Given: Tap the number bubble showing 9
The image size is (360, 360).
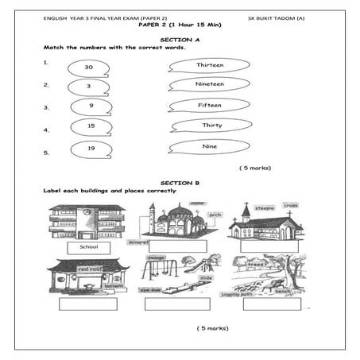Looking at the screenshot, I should coord(91,106).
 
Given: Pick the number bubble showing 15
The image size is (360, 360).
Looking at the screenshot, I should coord(91,126).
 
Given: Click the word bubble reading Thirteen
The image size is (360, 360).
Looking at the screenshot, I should coord(209,65).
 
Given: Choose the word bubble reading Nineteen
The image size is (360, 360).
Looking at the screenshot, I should coord(209,84).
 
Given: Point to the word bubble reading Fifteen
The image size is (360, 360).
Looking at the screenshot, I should coord(209,105).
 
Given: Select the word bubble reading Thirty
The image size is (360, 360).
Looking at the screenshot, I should coord(211,126).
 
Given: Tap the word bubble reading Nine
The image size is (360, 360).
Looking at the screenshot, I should coord(210,146).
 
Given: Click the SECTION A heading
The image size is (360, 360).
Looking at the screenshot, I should coord(180,39).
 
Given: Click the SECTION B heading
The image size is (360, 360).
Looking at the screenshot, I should coord(180,183).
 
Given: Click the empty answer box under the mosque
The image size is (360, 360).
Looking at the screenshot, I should coord(177,246).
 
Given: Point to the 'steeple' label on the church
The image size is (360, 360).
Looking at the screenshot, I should coord(264,208).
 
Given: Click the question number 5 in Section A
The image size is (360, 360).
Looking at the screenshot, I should coord(46,152).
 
